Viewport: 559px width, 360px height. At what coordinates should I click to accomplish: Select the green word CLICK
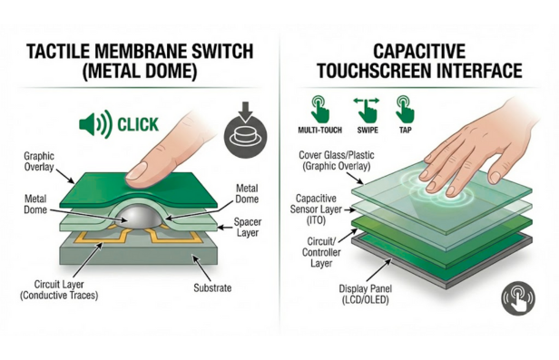point(138,124)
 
